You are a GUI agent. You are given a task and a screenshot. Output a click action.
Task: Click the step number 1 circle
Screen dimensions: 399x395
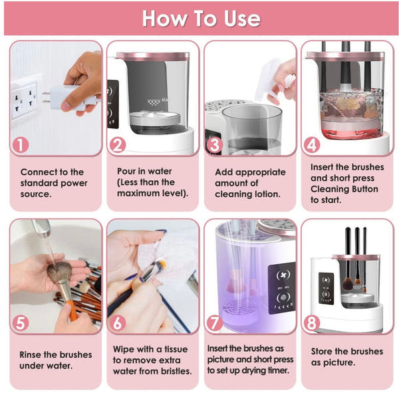(21, 145)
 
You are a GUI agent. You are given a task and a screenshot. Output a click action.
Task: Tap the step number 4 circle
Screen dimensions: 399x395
(312, 145)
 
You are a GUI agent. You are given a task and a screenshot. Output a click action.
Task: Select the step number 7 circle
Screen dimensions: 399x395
(215, 323)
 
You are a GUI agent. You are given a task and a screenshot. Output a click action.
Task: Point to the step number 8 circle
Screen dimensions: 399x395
(312, 323)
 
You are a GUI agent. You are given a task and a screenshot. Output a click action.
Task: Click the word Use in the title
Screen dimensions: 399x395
(242, 19)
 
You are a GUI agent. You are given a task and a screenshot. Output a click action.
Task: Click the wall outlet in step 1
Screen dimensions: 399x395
(23, 101)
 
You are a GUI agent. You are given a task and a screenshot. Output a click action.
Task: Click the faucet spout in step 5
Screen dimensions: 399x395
(42, 227)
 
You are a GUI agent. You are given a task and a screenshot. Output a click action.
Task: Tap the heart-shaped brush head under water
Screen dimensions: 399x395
(60, 271)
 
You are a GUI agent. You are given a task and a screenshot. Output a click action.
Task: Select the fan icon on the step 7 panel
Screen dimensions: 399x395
(282, 275)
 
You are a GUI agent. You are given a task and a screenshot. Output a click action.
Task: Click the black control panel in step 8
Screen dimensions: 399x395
(326, 288)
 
